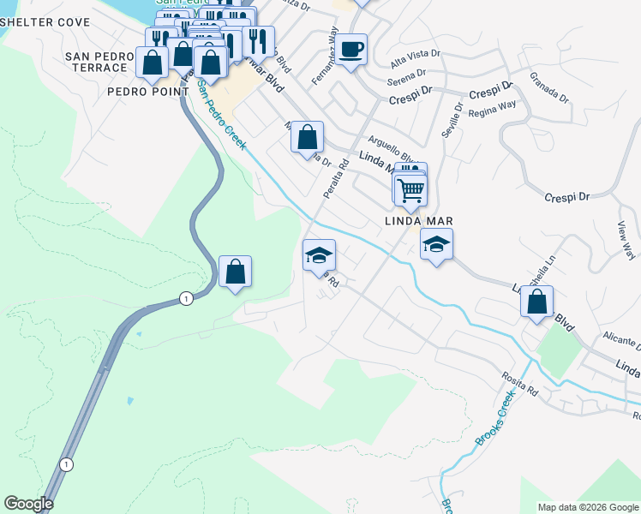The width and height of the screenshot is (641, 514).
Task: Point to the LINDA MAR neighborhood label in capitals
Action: point(417,221)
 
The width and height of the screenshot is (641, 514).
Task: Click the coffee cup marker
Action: point(350,49)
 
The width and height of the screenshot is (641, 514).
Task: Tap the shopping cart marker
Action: point(410,189)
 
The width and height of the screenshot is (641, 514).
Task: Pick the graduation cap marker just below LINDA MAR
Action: point(436,245)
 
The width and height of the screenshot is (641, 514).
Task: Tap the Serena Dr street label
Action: point(406,81)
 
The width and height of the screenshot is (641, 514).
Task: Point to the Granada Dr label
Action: point(549,87)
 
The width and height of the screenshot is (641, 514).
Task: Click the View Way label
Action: point(626,241)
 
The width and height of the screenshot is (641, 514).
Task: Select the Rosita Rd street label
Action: point(520,382)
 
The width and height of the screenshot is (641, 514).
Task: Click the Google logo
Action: point(28,504)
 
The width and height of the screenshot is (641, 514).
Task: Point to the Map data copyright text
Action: point(587,507)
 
